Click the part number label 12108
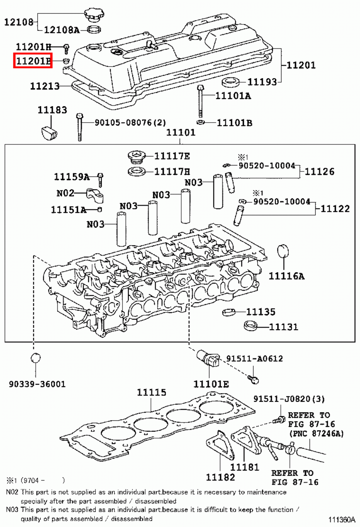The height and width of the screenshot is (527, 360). click(x=19, y=22)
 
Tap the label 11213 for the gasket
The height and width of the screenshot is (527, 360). click(x=45, y=86)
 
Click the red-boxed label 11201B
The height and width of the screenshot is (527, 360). click(x=33, y=61)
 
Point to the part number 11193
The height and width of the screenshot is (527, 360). click(x=262, y=82)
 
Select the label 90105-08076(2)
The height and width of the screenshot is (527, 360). click(x=130, y=123)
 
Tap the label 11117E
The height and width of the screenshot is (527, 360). click(x=172, y=156)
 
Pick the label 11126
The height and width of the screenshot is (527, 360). click(x=319, y=172)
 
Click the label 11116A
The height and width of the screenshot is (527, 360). click(x=286, y=276)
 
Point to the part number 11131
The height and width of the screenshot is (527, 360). click(x=283, y=327)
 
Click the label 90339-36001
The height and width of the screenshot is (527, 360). click(x=37, y=384)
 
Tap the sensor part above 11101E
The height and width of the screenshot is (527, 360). click(x=208, y=359)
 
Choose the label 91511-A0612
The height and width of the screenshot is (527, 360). click(x=254, y=358)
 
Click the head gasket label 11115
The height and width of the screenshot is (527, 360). click(x=151, y=392)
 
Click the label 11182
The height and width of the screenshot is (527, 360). click(x=220, y=477)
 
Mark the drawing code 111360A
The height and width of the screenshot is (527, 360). click(x=342, y=520)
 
